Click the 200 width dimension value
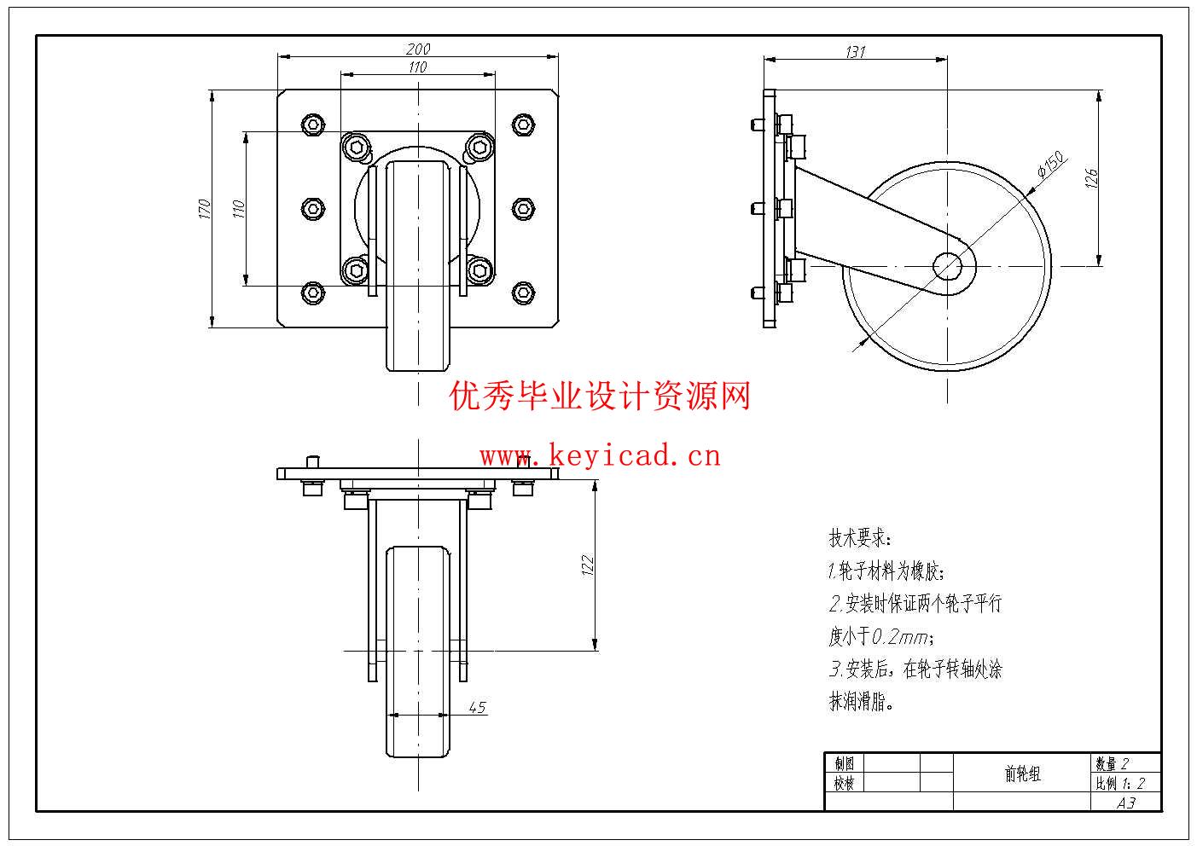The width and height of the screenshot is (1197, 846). pyautogui.click(x=418, y=49)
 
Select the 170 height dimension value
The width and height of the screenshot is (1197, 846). pyautogui.click(x=204, y=208)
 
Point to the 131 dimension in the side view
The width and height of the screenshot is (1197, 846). pyautogui.click(x=855, y=52)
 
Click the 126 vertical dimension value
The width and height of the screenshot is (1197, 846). pyautogui.click(x=1091, y=178)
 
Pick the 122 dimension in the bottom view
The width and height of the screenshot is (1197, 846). pyautogui.click(x=587, y=565)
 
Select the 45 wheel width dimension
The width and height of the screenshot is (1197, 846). pyautogui.click(x=477, y=707)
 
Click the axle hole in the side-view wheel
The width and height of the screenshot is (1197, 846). pyautogui.click(x=947, y=266)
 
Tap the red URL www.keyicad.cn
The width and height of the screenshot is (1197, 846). pyautogui.click(x=600, y=456)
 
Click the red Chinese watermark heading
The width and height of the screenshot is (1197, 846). pyautogui.click(x=600, y=397)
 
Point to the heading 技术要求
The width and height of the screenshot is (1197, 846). pyautogui.click(x=860, y=539)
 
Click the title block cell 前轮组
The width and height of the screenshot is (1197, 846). pyautogui.click(x=1022, y=774)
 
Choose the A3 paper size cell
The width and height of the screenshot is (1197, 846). pyautogui.click(x=1126, y=803)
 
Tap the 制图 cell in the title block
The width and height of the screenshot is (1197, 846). pyautogui.click(x=844, y=763)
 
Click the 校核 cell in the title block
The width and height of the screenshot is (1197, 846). pyautogui.click(x=844, y=783)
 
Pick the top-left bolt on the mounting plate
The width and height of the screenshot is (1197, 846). pyautogui.click(x=313, y=125)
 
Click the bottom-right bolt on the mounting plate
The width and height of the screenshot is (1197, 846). pyautogui.click(x=523, y=293)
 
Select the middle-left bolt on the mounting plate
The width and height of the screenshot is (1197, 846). pyautogui.click(x=313, y=208)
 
